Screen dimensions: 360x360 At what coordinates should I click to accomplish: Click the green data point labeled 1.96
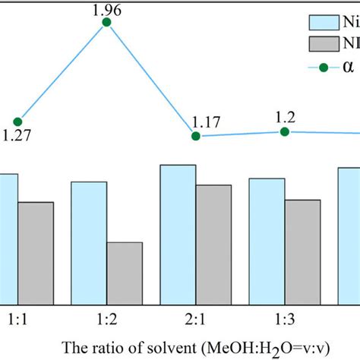point(106,23)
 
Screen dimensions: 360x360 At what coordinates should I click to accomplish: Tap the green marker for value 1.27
point(17,122)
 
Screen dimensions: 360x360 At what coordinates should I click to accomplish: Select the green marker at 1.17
point(195,136)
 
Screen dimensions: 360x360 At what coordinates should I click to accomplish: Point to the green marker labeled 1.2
point(285,131)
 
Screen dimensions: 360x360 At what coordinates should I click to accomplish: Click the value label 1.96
point(106,9)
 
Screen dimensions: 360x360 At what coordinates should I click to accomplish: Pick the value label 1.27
point(17,137)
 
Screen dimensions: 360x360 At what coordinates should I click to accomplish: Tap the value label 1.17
point(205,122)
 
